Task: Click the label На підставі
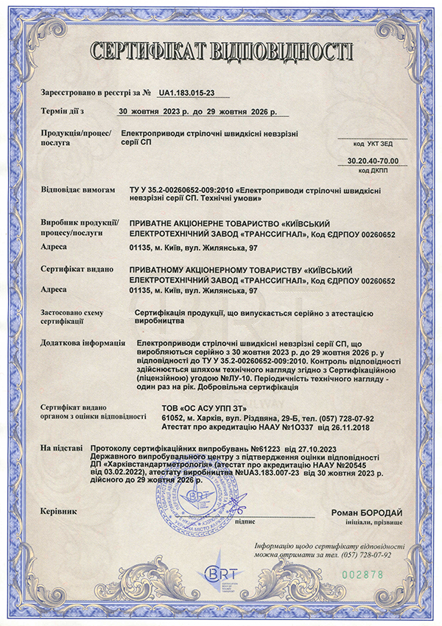click(62, 448)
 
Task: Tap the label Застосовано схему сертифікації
click(69, 317)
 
